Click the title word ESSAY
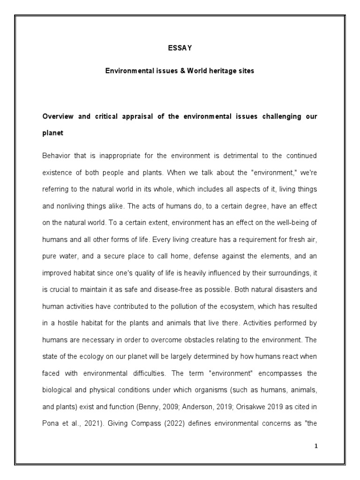click(180, 47)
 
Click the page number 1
click(316, 446)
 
